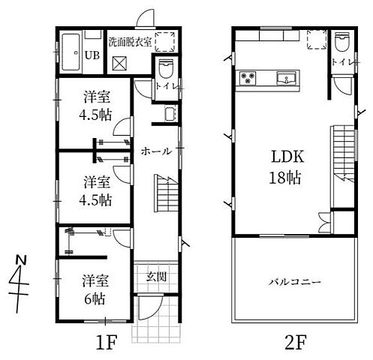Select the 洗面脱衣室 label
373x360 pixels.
130,42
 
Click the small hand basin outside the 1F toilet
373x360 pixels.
170,114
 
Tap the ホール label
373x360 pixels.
156,151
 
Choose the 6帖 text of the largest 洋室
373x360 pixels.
94,297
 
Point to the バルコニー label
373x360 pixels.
296,282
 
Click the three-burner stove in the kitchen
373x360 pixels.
248,79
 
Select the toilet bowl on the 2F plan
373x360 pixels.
341,40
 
